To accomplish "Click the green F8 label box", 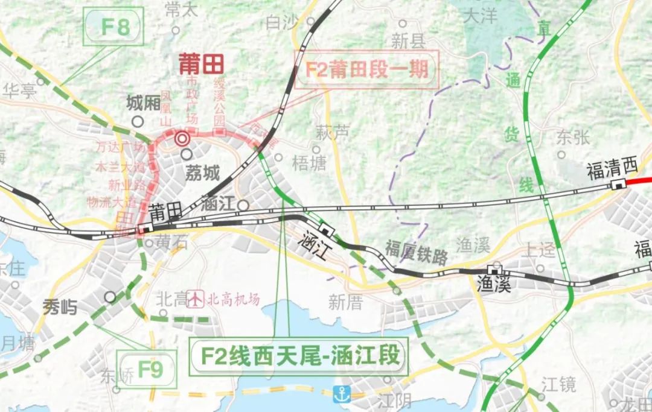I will (x=115, y=26).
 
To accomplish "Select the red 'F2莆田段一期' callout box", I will (x=367, y=69).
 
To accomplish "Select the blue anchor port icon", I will (x=342, y=395).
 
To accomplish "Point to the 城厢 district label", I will (x=144, y=104).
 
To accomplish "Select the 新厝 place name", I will (x=345, y=303).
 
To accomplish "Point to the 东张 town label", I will (x=574, y=137).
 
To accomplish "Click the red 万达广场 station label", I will (x=121, y=147).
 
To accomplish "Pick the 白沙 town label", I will (x=283, y=23).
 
